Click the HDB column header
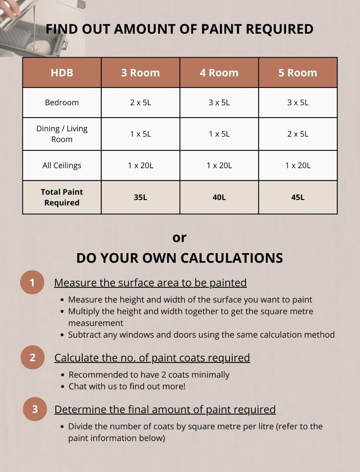pyautogui.click(x=62, y=73)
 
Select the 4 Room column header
pyautogui.click(x=219, y=73)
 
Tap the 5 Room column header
pyautogui.click(x=298, y=73)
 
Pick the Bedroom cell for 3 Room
pyautogui.click(x=141, y=103)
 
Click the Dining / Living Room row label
pyautogui.click(x=62, y=134)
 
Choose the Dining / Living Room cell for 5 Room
pyautogui.click(x=298, y=134)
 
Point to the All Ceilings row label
pyautogui.click(x=62, y=165)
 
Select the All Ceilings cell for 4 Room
pyautogui.click(x=219, y=165)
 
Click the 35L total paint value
pyautogui.click(x=141, y=197)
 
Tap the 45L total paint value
pyautogui.click(x=298, y=197)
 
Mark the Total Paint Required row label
pyautogui.click(x=62, y=197)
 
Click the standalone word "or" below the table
pyautogui.click(x=179, y=238)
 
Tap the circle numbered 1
pyautogui.click(x=32, y=282)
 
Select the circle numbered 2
pyautogui.click(x=33, y=358)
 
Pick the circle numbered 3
pyautogui.click(x=35, y=409)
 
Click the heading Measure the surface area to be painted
pyautogui.click(x=150, y=283)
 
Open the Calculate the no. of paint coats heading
pyautogui.click(x=152, y=358)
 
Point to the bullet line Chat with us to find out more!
pyautogui.click(x=127, y=386)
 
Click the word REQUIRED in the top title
pyautogui.click(x=279, y=29)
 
